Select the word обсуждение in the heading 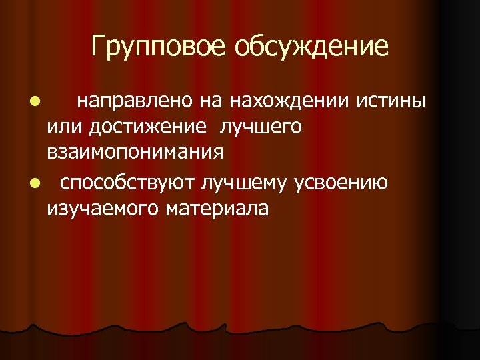coord(311,46)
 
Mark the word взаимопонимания coord(135,152)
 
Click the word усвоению coord(346,183)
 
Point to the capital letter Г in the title coord(99,46)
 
